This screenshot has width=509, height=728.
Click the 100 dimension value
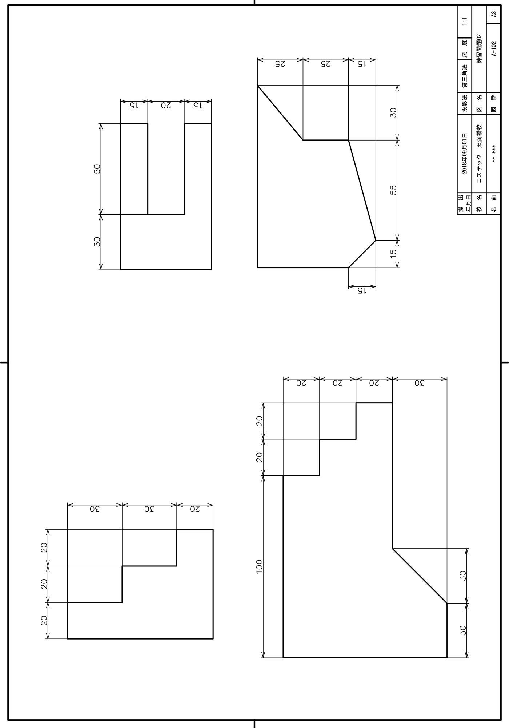point(259,566)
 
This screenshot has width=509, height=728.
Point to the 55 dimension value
point(393,190)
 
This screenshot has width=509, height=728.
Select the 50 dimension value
point(97,169)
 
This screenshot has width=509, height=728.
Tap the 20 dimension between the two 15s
point(166,106)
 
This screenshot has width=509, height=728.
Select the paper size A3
point(493,15)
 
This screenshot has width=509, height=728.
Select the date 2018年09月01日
point(464,153)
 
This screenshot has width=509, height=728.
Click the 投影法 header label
point(464,104)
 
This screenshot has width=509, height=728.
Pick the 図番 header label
point(493,104)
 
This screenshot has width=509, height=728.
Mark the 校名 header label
point(479,204)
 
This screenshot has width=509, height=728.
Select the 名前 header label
point(493,204)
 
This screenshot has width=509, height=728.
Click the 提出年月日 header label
point(464,204)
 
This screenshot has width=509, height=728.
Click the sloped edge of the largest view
point(420,575)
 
